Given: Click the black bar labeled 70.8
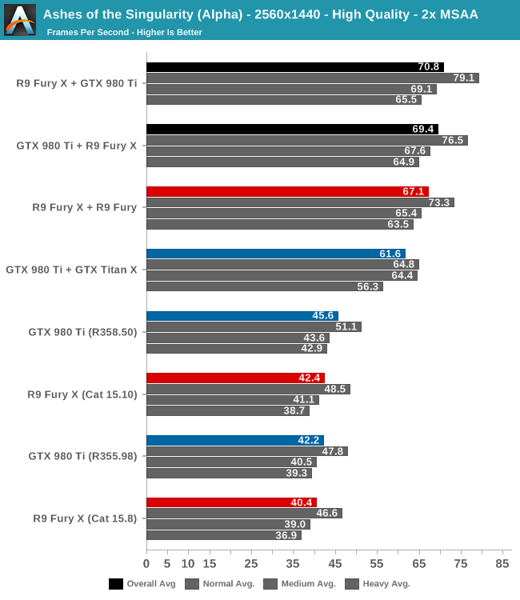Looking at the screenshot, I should pos(294,67).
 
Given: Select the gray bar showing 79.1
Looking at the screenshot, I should pos(312,78).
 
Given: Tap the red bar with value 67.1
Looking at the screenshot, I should pos(287,192).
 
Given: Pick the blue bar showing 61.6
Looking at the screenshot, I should pos(275,254).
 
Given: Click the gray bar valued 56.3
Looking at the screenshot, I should pos(264,286).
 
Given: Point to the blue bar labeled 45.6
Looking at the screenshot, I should pos(242,316).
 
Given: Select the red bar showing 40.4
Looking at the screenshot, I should pos(231,502).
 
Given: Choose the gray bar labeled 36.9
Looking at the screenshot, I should pos(223,535).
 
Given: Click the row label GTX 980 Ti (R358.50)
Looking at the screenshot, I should pos(82,331).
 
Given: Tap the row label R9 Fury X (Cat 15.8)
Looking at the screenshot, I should pos(85,518).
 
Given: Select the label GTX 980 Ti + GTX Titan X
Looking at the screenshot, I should pos(71,270).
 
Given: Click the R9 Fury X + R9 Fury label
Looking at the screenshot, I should pos(84,207).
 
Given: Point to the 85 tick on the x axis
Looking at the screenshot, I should pos(502,564).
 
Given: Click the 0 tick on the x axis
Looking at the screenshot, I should pos(146,564).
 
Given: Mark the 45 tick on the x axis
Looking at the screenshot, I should pos(334,564).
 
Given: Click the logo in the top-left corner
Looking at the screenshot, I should pos(19,19).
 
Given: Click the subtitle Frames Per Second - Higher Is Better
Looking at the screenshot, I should pos(124,33).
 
